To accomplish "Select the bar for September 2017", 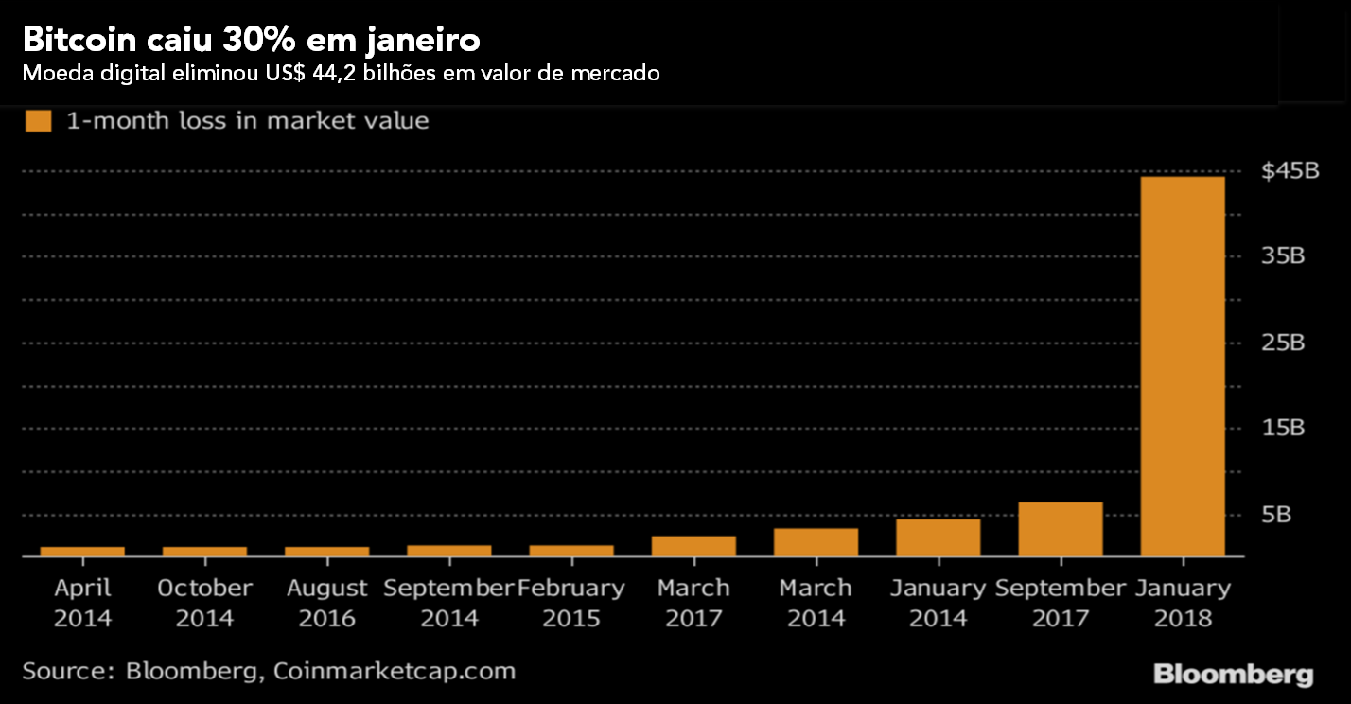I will [1061, 529].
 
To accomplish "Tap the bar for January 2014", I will [938, 537].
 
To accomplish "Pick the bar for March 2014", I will [816, 542].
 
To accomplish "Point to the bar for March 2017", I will [693, 546].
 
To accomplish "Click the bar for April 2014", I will [82, 551].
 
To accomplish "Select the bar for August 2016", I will [326, 551].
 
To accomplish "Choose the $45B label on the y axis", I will [1290, 171].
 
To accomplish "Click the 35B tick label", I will [1283, 257].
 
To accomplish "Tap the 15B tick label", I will [1283, 429].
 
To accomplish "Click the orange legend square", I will [39, 121].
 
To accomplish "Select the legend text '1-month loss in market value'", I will [247, 121].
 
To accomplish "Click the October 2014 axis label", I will [204, 603].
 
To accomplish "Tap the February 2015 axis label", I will [571, 603].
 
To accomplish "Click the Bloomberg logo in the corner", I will [1233, 675].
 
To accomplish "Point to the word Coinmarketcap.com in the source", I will [395, 671].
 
